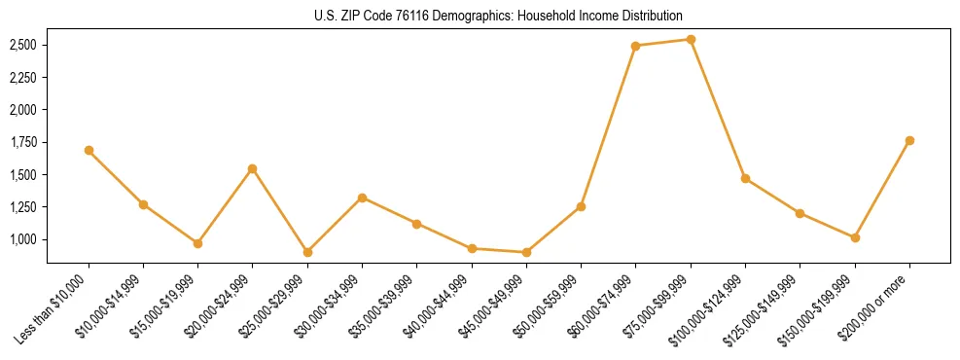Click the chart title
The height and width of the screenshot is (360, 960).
499,16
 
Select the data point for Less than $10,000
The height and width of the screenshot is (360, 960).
89,150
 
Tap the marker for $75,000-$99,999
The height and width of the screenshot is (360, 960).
691,40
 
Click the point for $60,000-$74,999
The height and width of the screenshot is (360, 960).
636,46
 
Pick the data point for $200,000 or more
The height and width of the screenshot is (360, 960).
909,140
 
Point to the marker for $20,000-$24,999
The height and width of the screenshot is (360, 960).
253,168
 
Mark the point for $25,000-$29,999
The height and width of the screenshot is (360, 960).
307,252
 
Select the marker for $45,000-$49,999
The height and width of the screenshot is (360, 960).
526,252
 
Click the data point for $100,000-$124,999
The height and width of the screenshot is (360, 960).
745,178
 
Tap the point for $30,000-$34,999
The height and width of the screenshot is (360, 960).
362,198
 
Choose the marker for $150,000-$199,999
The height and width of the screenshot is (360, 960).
855,237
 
